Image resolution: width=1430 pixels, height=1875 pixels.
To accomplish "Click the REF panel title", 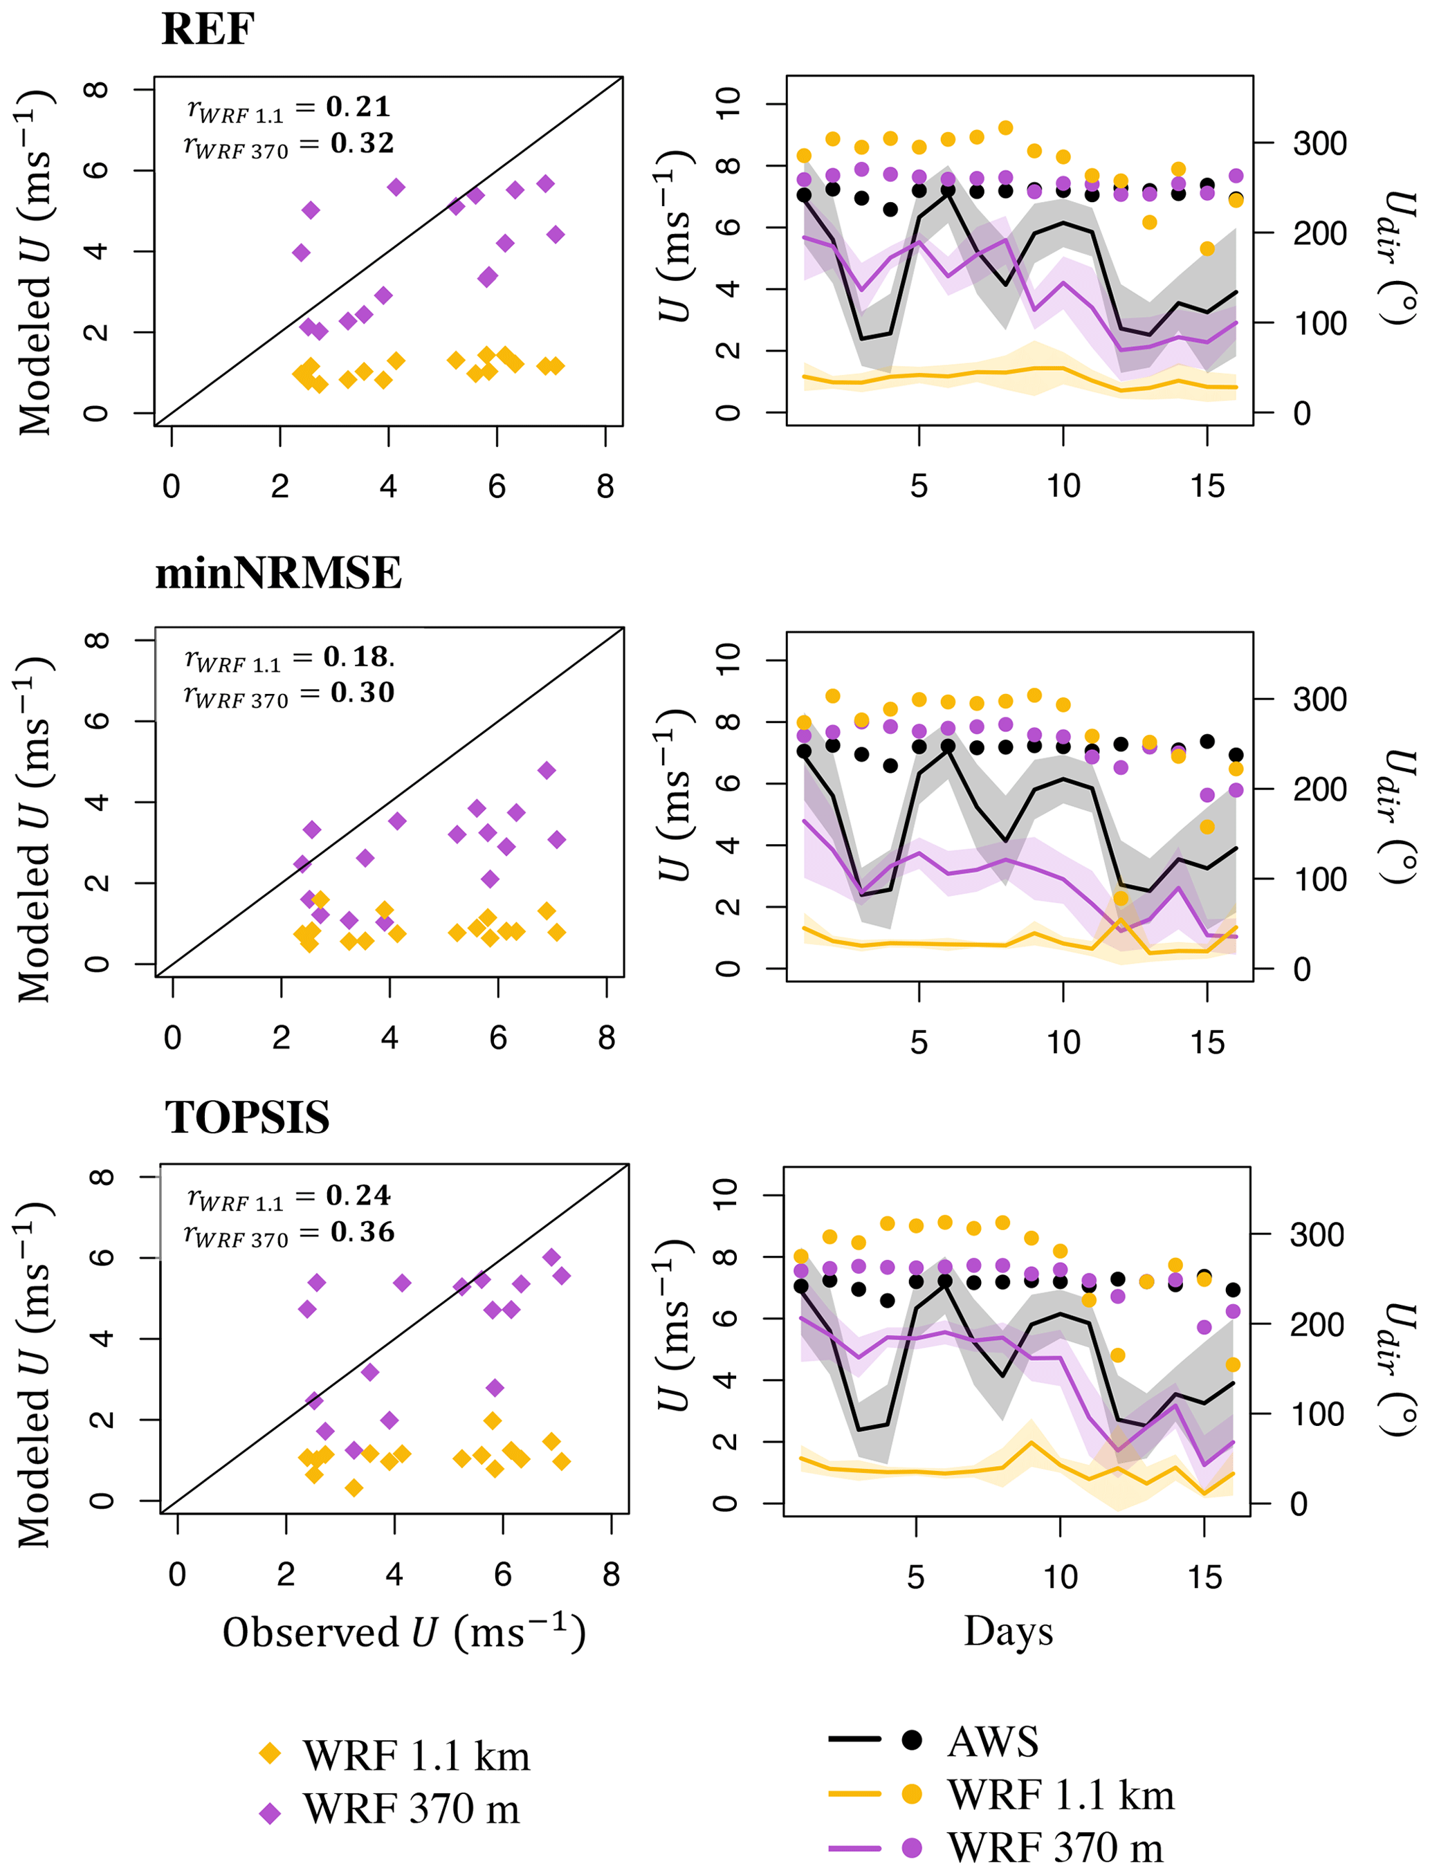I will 207,30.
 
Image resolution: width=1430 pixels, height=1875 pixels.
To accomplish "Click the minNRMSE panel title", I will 277,573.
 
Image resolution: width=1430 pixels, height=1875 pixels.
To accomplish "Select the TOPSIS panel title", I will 247,1117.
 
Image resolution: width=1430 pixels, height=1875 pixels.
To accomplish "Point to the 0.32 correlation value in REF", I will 363,143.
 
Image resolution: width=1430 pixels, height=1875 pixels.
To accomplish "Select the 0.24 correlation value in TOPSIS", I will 358,1196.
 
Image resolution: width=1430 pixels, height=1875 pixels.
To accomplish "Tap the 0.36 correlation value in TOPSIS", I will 363,1232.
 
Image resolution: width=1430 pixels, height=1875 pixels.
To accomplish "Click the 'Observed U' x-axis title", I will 403,1634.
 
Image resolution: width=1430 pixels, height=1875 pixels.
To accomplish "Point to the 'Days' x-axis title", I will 1008,1631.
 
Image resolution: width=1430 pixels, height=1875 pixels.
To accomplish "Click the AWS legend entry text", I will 993,1741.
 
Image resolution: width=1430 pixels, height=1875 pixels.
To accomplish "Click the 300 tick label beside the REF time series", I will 1319,144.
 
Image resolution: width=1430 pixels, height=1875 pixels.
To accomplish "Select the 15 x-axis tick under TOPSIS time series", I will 1204,1577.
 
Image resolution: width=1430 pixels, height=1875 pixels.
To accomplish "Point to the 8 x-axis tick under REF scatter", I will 605,487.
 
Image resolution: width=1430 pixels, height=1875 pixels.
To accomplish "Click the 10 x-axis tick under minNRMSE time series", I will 1063,1043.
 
